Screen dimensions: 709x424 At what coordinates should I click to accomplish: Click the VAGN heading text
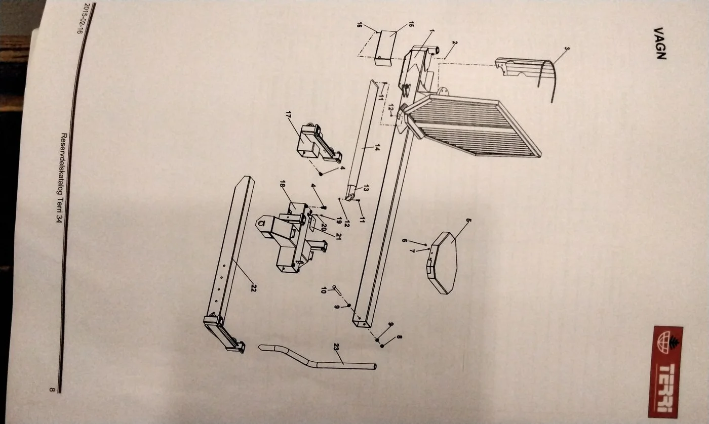[660, 44]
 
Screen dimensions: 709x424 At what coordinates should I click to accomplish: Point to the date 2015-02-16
[80, 18]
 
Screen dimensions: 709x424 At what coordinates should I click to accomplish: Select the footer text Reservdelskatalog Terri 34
[61, 178]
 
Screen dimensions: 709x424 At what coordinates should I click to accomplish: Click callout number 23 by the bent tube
[336, 347]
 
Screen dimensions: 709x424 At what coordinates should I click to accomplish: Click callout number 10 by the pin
[323, 290]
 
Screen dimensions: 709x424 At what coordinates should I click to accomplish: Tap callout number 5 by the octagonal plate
[469, 220]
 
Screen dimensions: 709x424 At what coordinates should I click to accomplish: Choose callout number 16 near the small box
[359, 24]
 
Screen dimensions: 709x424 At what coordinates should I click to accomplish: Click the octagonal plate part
[442, 263]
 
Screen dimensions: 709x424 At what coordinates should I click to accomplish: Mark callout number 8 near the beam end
[399, 337]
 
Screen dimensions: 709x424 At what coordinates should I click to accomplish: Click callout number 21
[338, 236]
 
